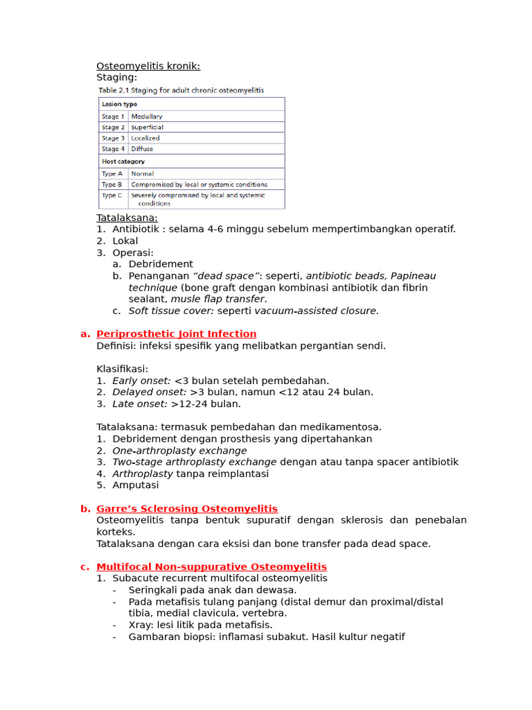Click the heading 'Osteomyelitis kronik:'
click(148, 66)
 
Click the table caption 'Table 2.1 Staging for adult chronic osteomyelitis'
click(181, 90)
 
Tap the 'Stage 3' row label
click(113, 138)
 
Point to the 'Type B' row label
click(112, 184)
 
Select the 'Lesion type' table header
click(119, 104)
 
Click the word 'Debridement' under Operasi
click(161, 264)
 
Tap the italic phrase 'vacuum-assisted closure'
click(316, 311)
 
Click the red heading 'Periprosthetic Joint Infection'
click(176, 334)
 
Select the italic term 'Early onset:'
click(141, 380)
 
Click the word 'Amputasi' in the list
click(136, 485)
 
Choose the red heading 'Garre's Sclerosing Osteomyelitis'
click(186, 509)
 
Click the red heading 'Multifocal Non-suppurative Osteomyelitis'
click(211, 566)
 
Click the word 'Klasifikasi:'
click(122, 369)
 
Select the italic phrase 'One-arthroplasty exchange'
click(179, 451)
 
